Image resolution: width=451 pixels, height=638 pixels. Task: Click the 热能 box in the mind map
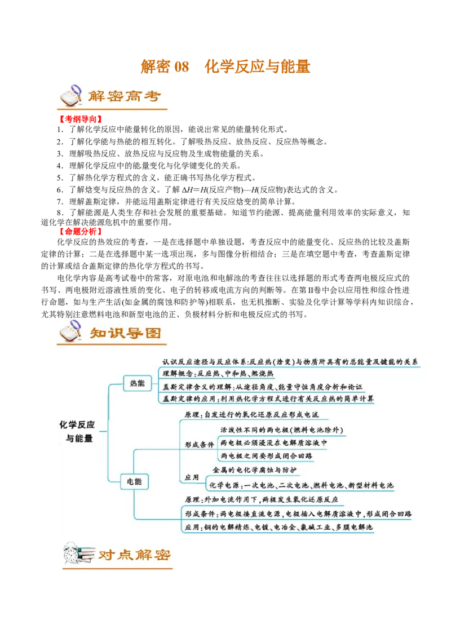[137, 383]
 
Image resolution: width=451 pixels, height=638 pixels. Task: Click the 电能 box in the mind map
[134, 481]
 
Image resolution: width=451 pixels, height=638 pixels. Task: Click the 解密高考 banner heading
[125, 96]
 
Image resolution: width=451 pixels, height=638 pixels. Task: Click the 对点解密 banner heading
[135, 555]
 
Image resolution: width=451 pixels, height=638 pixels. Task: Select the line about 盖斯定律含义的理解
[262, 387]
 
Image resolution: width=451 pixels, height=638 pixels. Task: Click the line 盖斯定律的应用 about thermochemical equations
[268, 399]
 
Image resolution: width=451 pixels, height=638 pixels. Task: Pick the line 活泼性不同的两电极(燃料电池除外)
[282, 430]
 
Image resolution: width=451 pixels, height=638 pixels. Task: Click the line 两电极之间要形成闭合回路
[267, 455]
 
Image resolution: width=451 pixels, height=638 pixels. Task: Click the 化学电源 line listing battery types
[301, 485]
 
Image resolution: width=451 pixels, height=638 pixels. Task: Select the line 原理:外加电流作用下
[261, 500]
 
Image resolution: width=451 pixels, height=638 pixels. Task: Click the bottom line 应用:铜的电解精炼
[278, 528]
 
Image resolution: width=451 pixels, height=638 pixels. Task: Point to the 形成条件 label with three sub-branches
[200, 444]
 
